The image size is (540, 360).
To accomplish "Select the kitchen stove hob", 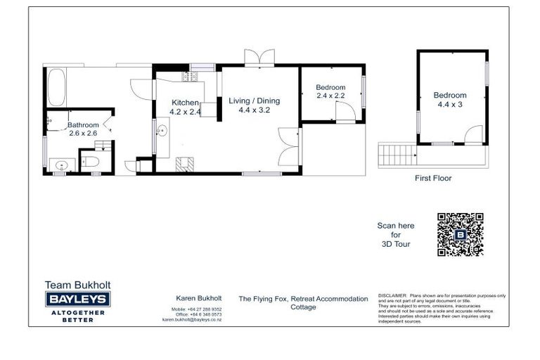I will tap(188, 76).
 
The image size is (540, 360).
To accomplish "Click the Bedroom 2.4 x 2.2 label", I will tap(330, 91).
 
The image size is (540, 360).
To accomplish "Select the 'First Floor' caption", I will tap(433, 179).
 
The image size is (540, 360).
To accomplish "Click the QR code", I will tap(460, 234).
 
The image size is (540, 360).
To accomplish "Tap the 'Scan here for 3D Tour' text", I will tap(396, 235).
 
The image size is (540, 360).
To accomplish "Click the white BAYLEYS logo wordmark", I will tap(77, 299).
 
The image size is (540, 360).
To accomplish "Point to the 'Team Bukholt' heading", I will tap(77, 285).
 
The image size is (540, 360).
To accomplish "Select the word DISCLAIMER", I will tap(392, 296).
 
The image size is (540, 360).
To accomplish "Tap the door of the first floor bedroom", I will tap(474, 135).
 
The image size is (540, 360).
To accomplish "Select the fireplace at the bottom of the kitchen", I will tap(184, 163).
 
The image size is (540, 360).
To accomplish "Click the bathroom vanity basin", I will tap(61, 166).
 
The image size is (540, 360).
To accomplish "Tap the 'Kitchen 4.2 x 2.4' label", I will tap(186, 107).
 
